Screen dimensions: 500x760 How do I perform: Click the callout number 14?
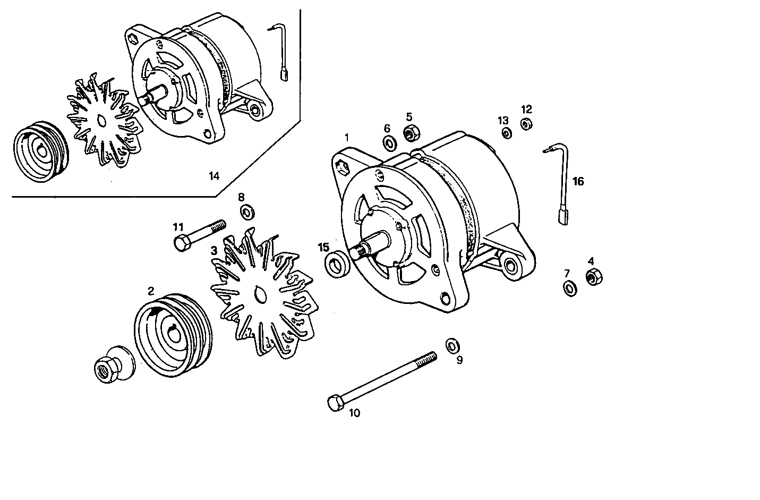(x=214, y=176)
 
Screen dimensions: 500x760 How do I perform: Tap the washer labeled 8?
(x=247, y=213)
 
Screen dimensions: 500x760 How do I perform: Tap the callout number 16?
(x=578, y=182)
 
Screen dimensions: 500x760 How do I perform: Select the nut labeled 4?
(x=593, y=277)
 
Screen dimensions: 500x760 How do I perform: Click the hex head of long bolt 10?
(x=335, y=403)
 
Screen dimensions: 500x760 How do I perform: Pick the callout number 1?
(x=347, y=138)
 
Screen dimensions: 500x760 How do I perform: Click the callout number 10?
(x=354, y=412)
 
